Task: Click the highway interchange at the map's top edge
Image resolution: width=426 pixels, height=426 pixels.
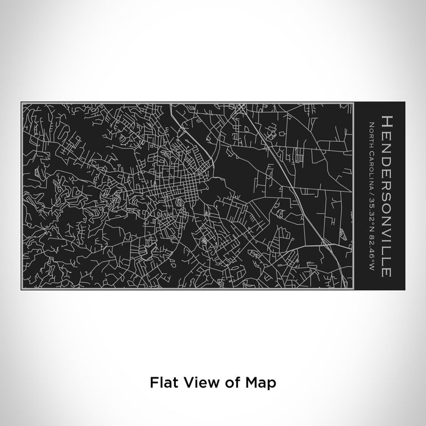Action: tap(241, 108)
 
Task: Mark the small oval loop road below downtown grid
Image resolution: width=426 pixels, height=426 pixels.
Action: tap(181, 201)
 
